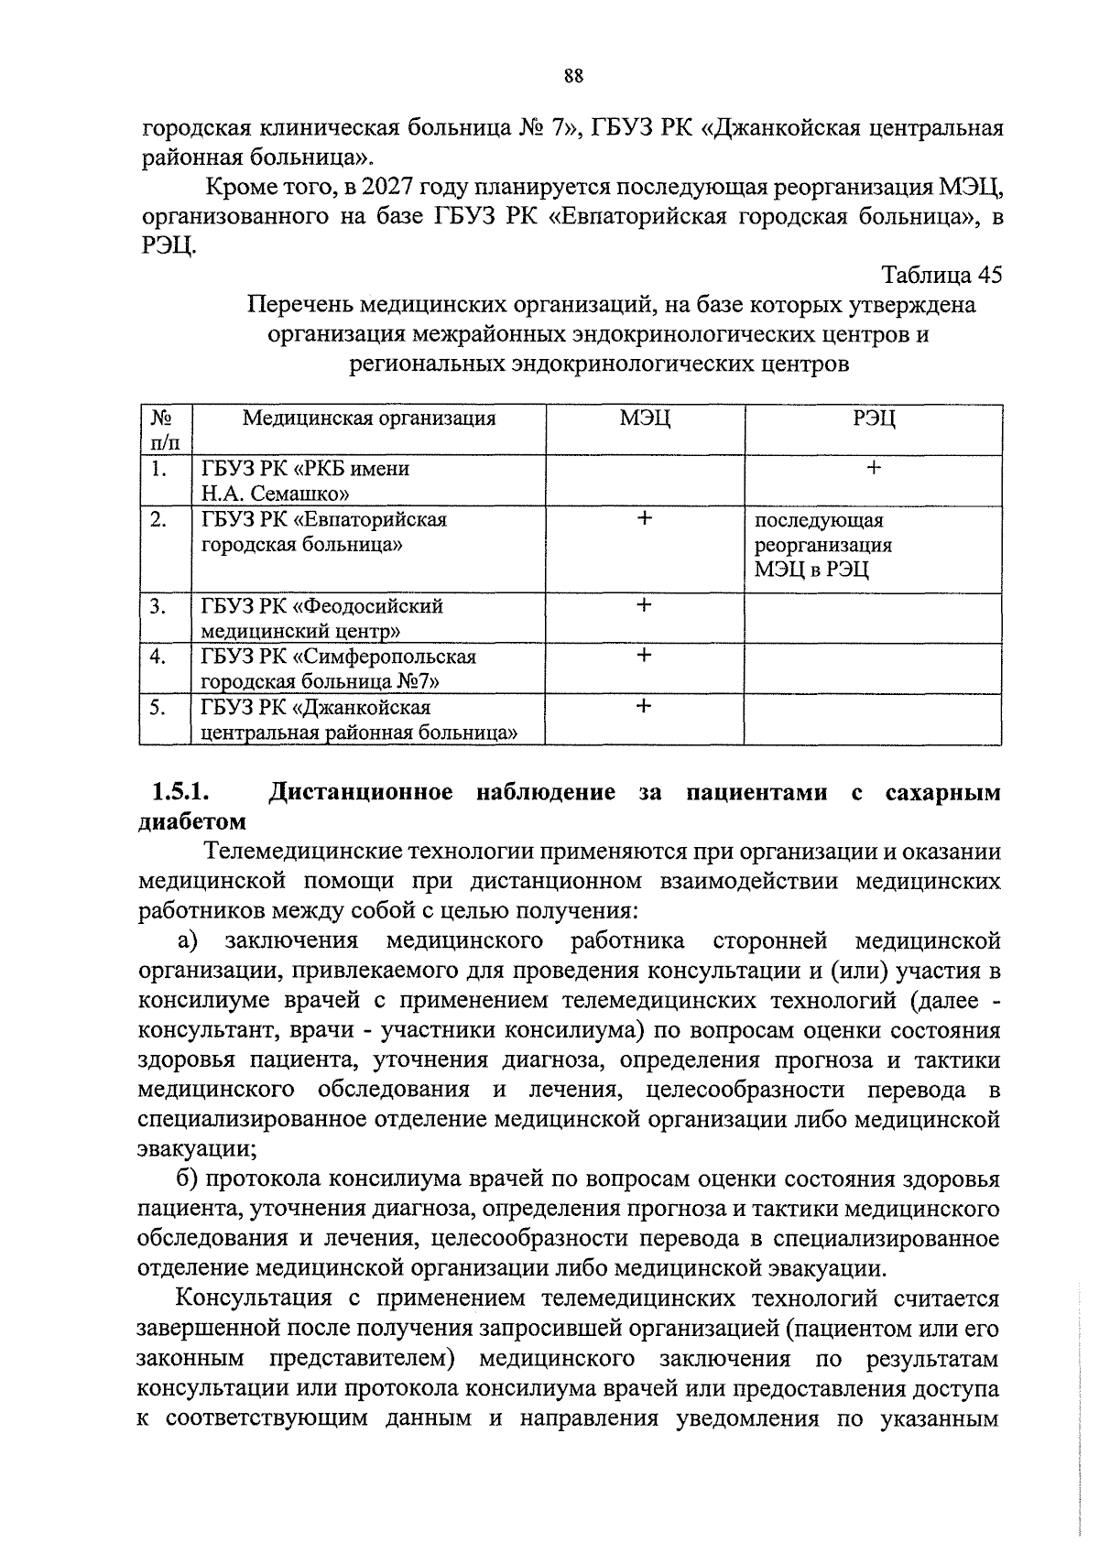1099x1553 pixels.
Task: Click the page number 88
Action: (x=574, y=75)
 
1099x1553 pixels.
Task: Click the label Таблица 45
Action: (x=941, y=275)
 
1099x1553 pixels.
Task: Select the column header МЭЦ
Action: (x=645, y=418)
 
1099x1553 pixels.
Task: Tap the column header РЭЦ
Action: (x=874, y=418)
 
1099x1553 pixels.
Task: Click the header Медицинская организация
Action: (x=368, y=418)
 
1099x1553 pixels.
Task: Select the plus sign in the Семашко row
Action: (x=874, y=468)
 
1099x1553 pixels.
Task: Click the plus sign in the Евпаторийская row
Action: (x=645, y=518)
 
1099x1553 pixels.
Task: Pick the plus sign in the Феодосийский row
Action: (x=645, y=605)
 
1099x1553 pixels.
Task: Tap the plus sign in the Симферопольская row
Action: (x=645, y=656)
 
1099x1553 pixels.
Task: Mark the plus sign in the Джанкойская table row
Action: (x=645, y=706)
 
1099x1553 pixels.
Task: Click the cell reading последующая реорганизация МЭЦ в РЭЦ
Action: (x=822, y=546)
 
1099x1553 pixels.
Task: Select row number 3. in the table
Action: (x=159, y=606)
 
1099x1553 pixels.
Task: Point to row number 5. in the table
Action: (x=159, y=707)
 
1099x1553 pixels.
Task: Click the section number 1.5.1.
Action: (x=181, y=792)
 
